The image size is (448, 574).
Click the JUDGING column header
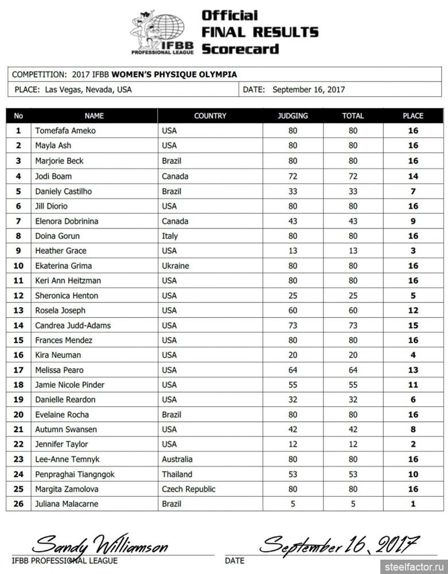tap(293, 115)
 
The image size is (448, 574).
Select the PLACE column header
tap(412, 115)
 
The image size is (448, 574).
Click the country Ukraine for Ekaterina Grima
tap(176, 266)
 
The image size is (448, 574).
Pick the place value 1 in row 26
tap(413, 504)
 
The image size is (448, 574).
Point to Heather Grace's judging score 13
tap(293, 251)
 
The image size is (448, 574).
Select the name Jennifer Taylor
tap(61, 444)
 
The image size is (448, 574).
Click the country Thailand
tap(177, 474)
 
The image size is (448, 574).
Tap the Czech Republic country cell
tap(189, 489)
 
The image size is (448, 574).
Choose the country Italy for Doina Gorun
tap(170, 236)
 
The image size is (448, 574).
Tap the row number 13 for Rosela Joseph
tap(18, 311)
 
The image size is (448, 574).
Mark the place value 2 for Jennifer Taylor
tap(413, 444)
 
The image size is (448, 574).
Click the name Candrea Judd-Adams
tap(73, 325)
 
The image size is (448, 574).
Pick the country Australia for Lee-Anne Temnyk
tap(177, 459)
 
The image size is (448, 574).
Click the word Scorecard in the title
tap(240, 49)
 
